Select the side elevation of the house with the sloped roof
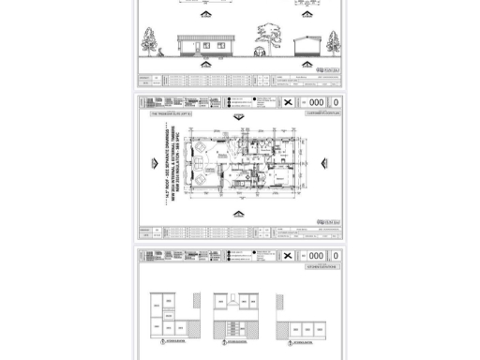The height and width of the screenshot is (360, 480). [307, 45]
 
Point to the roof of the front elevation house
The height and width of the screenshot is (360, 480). [205, 39]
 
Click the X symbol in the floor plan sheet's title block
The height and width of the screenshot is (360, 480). [288, 102]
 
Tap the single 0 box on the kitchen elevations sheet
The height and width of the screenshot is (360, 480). [337, 256]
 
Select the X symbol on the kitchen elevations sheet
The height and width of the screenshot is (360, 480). [288, 256]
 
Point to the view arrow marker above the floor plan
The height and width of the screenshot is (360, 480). [238, 118]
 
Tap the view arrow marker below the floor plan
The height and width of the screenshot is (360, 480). [238, 215]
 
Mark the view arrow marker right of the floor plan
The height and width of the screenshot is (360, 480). [324, 163]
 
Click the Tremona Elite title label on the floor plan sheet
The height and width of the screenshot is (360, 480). [170, 112]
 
